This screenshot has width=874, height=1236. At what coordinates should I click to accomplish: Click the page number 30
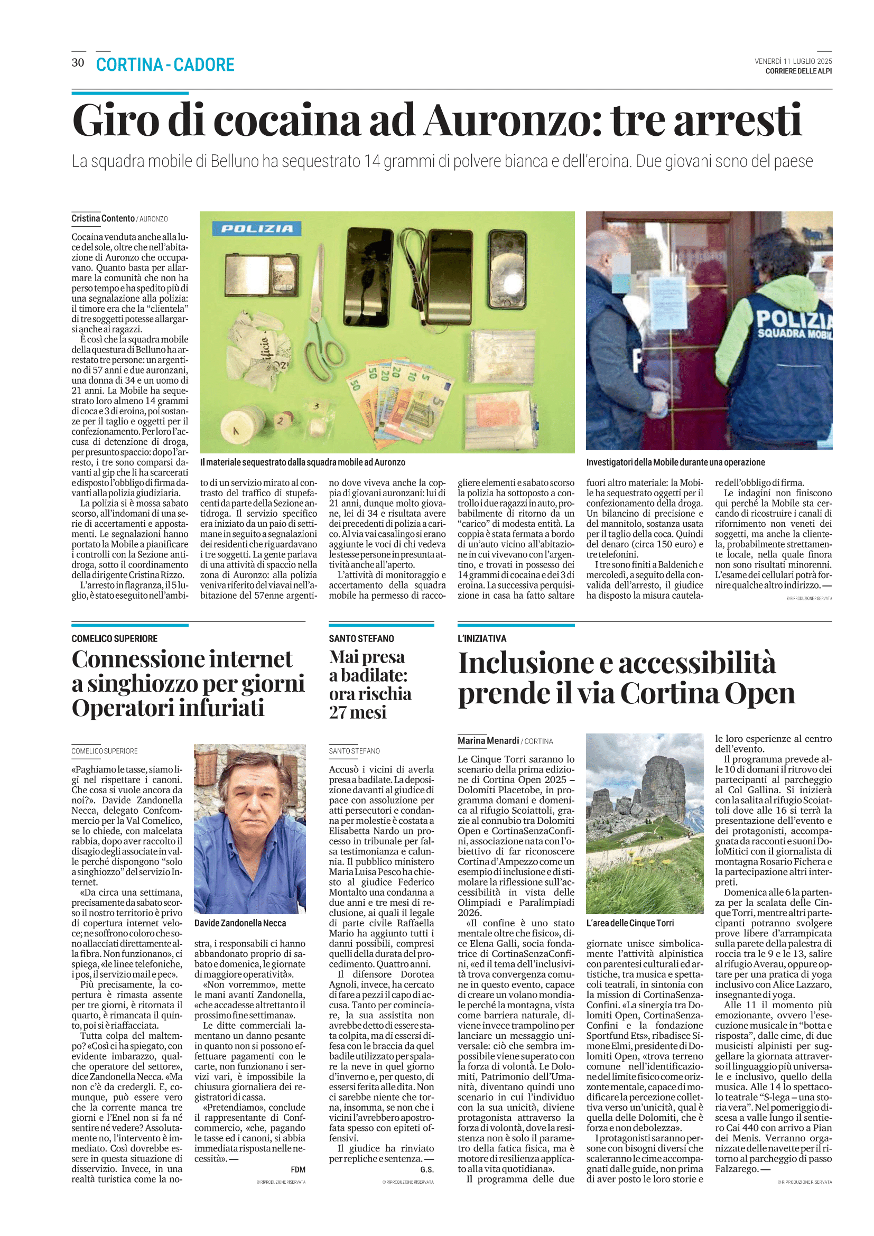[x=78, y=62]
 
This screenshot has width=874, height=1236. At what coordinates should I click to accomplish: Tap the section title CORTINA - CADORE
[x=165, y=64]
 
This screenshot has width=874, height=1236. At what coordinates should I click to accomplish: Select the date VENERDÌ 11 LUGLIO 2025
[x=793, y=61]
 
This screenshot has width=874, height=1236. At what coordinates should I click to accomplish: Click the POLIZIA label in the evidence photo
[x=257, y=229]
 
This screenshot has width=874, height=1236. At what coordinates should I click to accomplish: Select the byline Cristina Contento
[x=103, y=219]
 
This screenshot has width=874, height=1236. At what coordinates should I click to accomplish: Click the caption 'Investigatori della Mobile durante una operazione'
[x=675, y=462]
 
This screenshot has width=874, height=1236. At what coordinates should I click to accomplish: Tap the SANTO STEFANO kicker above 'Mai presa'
[x=361, y=638]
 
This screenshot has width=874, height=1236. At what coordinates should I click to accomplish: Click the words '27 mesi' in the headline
[x=358, y=713]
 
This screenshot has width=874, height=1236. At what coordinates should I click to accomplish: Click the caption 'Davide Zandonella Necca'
[x=240, y=923]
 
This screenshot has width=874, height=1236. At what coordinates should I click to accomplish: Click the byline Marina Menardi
[x=488, y=741]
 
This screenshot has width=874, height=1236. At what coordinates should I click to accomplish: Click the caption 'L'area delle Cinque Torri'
[x=630, y=923]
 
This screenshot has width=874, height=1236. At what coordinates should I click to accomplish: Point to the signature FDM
[x=297, y=1169]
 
